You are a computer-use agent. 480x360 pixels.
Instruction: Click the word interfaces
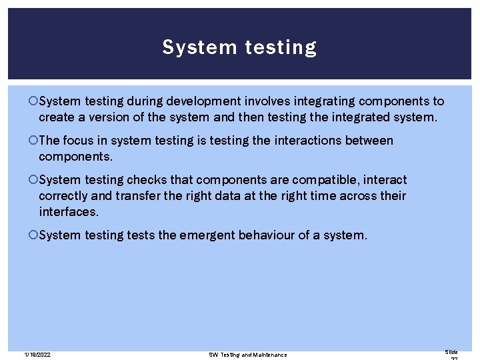[69, 211]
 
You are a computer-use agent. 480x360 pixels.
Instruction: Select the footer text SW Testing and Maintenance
[248, 355]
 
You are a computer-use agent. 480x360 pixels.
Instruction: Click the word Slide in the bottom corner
[451, 351]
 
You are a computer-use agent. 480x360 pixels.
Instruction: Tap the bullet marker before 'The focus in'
[34, 141]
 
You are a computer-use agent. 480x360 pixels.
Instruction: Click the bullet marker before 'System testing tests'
[34, 235]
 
